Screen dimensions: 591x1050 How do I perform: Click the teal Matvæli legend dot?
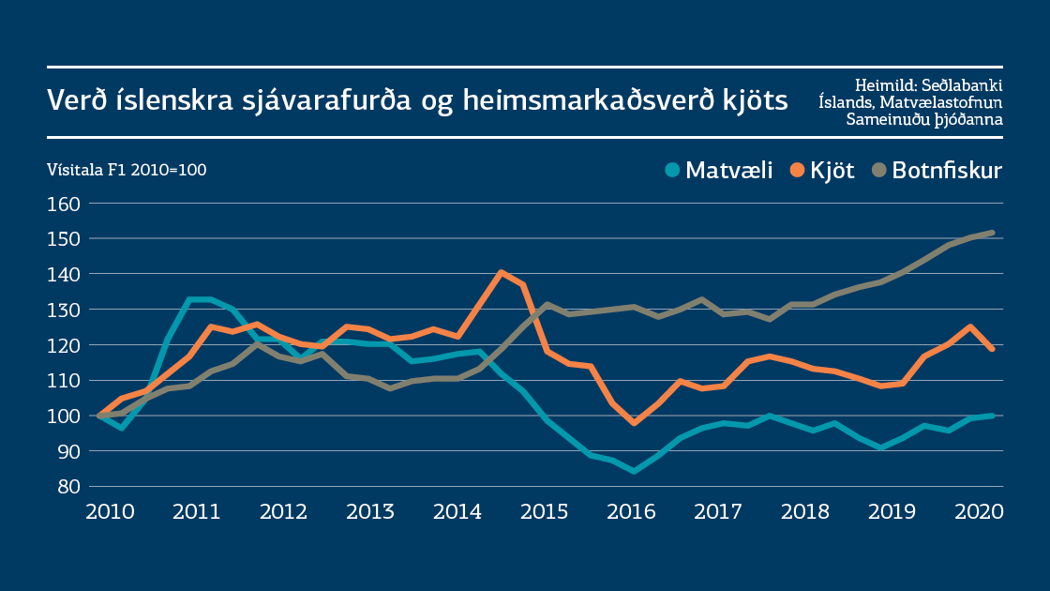(672, 171)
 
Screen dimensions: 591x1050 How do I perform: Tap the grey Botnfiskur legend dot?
(878, 171)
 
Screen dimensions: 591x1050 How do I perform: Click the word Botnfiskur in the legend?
(947, 171)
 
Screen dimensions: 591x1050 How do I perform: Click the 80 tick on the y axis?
(70, 486)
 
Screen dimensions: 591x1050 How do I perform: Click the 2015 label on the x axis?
(544, 512)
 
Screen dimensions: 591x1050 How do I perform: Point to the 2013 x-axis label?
(370, 512)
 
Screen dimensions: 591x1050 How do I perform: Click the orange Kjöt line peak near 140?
(502, 272)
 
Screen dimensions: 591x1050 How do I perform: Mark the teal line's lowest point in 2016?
(635, 471)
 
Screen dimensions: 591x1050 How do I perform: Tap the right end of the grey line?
(991, 233)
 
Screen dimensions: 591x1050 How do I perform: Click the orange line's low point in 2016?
(635, 423)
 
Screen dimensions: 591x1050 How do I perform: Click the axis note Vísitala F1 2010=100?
(127, 170)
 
